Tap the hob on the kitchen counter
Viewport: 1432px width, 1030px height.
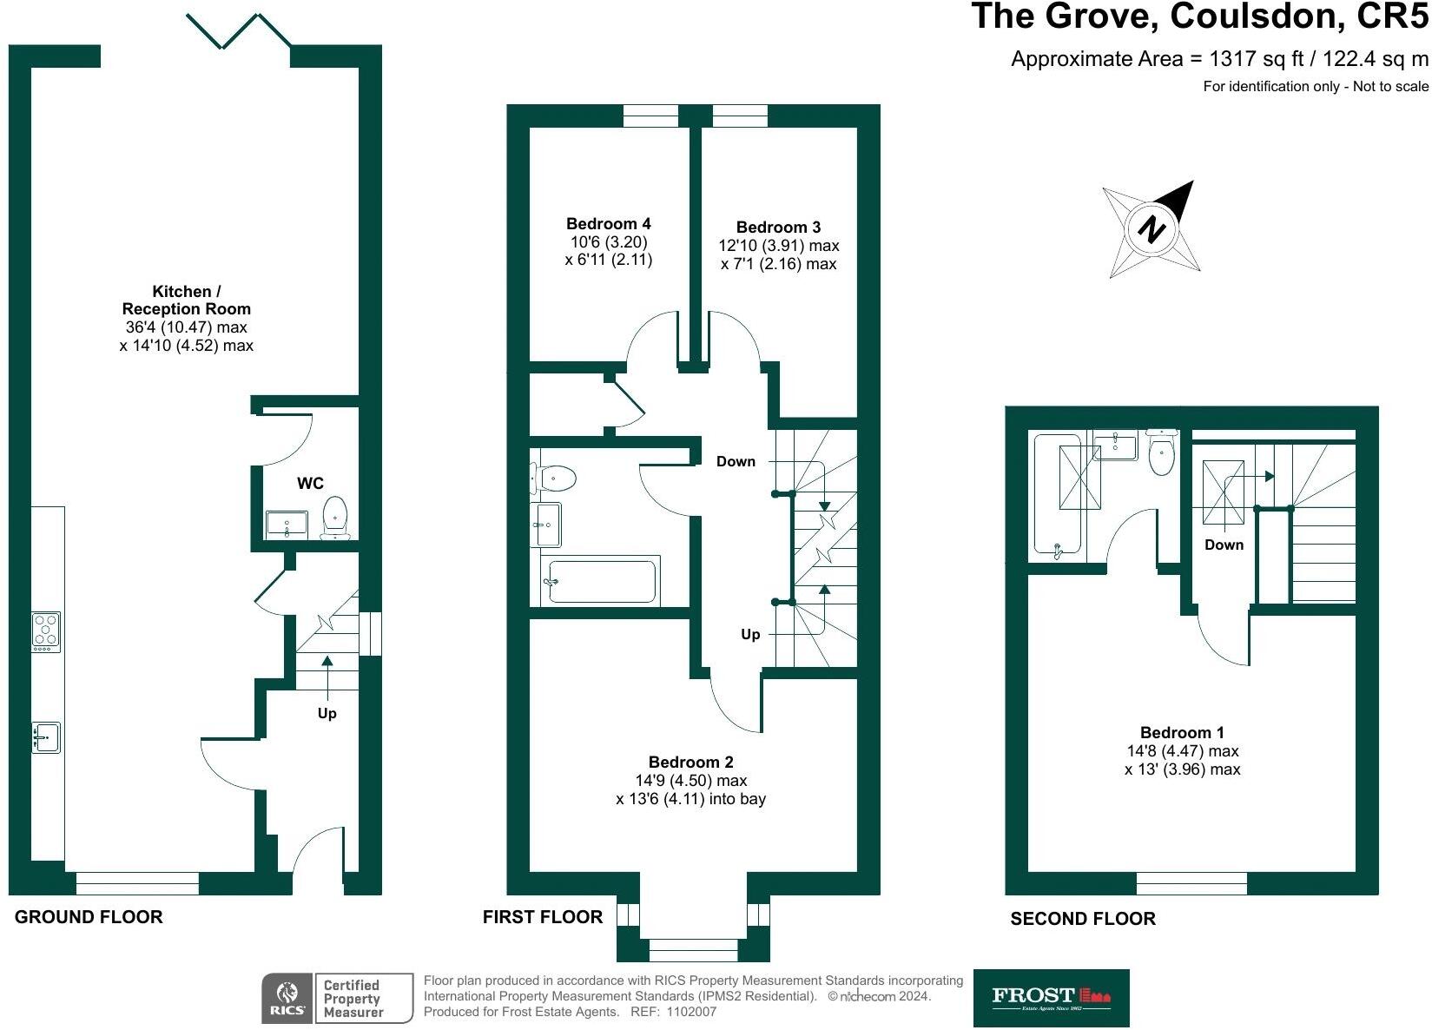[x=46, y=631]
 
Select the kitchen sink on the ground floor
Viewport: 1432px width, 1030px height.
[x=46, y=737]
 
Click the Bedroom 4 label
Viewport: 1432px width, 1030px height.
[x=608, y=224]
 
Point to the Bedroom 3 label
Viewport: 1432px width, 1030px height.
[x=778, y=228]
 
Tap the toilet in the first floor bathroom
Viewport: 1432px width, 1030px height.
[x=555, y=478]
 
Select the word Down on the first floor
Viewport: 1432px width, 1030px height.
[x=736, y=462]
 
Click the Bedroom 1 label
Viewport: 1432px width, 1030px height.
[x=1182, y=733]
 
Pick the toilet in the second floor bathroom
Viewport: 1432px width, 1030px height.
[x=1161, y=452]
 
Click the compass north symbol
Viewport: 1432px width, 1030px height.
[x=1152, y=230]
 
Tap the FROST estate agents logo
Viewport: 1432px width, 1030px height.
[x=1051, y=998]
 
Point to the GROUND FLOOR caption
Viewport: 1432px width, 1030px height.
[x=89, y=917]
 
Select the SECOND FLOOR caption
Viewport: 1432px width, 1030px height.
[x=1083, y=919]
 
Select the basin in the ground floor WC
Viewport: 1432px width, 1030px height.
[x=286, y=524]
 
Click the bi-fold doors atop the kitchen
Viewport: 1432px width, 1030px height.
[x=239, y=30]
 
